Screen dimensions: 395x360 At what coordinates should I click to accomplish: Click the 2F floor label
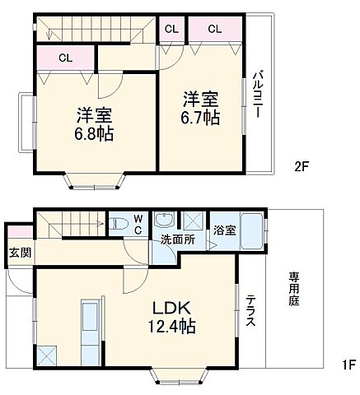pyautogui.click(x=302, y=165)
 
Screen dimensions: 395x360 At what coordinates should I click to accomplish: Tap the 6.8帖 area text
pyautogui.click(x=96, y=133)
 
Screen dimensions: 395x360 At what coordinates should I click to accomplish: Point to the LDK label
pyautogui.click(x=171, y=309)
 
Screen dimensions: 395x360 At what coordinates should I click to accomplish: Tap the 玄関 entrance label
pyautogui.click(x=20, y=253)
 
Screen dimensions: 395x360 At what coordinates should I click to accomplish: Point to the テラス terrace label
pyautogui.click(x=250, y=311)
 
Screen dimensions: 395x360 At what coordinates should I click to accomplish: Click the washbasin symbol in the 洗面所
pyautogui.click(x=164, y=221)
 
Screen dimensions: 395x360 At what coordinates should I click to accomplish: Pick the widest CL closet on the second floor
pyautogui.click(x=214, y=29)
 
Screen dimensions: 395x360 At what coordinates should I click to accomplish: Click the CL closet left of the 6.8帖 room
pyautogui.click(x=65, y=58)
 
